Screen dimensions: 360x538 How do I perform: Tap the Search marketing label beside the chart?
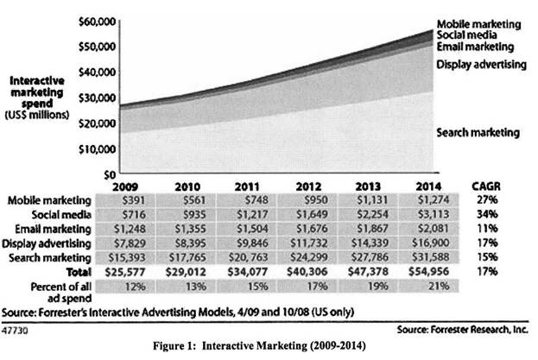478,133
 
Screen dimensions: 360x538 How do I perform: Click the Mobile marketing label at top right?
480,23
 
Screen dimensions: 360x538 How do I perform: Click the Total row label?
76,271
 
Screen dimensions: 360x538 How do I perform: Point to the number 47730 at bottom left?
16,329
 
